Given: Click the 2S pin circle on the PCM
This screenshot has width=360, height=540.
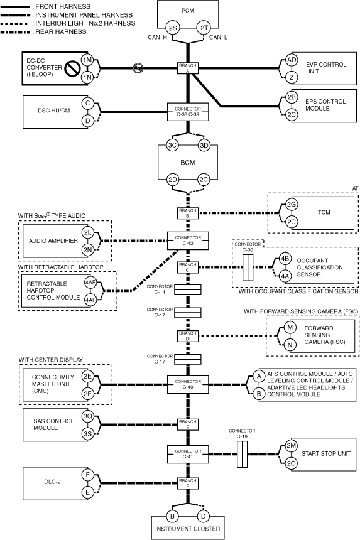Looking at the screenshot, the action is tap(172, 28).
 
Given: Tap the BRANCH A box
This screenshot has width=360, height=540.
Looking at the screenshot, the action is tap(188, 68).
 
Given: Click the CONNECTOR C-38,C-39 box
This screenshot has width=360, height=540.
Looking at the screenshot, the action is tap(188, 112).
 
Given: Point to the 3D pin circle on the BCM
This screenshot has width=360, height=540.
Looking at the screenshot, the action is tap(204, 145).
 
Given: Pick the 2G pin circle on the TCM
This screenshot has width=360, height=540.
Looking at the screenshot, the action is tap(292, 205).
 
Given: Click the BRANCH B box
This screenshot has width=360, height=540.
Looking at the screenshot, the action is tap(188, 213).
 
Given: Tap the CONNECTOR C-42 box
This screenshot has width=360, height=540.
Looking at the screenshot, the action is tap(188, 240).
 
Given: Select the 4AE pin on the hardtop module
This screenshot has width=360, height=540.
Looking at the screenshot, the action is tap(90, 283).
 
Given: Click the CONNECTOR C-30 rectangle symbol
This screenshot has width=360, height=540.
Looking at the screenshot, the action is tap(248, 267).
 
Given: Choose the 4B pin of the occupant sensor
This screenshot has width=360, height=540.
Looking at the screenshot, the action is tap(285, 259).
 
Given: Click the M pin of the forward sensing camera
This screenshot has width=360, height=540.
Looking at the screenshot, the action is tap(290, 327).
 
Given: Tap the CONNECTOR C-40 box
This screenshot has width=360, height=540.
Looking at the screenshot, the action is tap(188, 384).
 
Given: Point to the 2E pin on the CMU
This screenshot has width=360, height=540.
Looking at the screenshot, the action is tap(87, 376).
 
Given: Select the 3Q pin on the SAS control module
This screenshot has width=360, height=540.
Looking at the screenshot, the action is tap(87, 416).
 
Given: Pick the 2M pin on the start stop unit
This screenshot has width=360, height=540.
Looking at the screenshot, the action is tap(292, 446).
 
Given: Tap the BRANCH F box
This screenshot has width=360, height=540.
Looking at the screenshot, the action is tap(188, 483).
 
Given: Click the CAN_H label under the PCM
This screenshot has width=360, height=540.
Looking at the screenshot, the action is tap(157, 38).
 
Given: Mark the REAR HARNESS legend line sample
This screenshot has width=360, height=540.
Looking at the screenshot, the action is tap(16, 32).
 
